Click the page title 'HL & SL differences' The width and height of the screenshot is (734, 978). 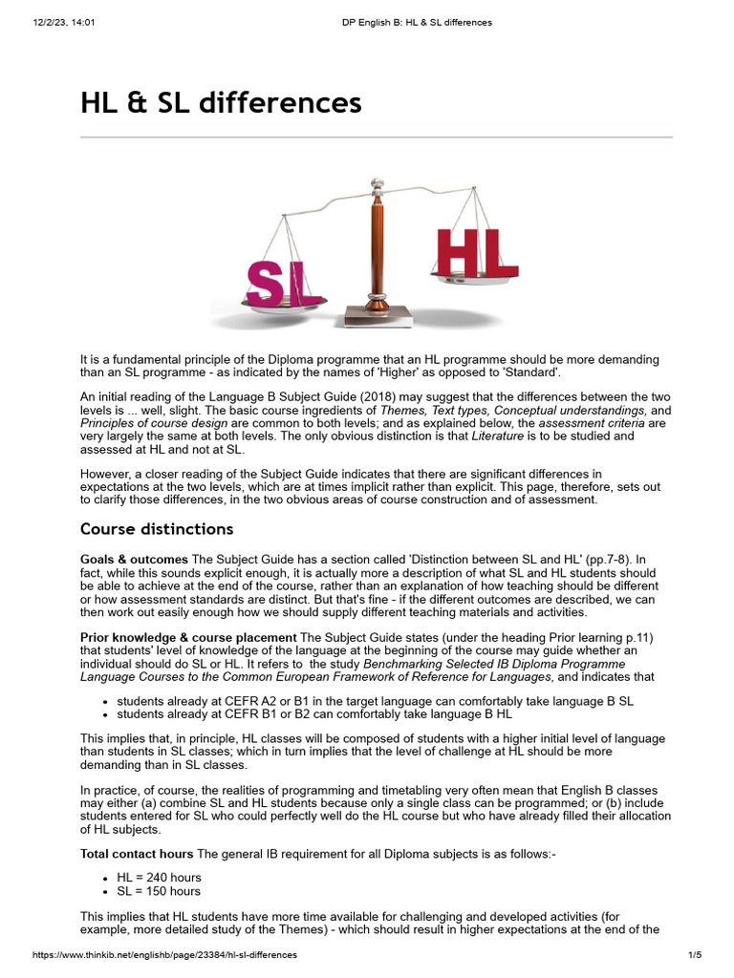[x=221, y=102]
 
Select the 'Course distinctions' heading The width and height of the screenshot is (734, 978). [x=157, y=529]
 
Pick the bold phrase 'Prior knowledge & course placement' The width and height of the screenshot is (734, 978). [x=188, y=637]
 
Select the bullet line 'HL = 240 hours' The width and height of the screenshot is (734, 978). [x=159, y=877]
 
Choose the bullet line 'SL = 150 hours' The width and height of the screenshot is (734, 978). [x=159, y=891]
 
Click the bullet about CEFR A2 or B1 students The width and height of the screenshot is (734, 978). [x=375, y=700]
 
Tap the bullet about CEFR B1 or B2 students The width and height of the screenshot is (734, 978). [x=314, y=713]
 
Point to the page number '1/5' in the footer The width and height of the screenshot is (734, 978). [x=695, y=954]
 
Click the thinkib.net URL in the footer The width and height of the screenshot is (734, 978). [x=164, y=954]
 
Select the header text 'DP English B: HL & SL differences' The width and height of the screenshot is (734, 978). [x=418, y=22]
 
